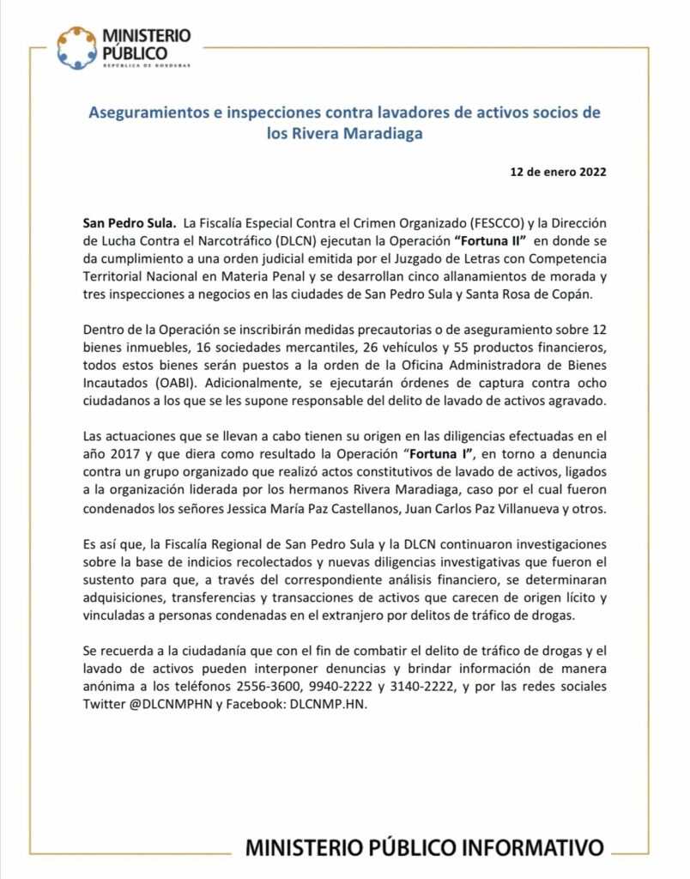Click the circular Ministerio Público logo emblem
click(76, 48)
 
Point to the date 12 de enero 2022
click(559, 172)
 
